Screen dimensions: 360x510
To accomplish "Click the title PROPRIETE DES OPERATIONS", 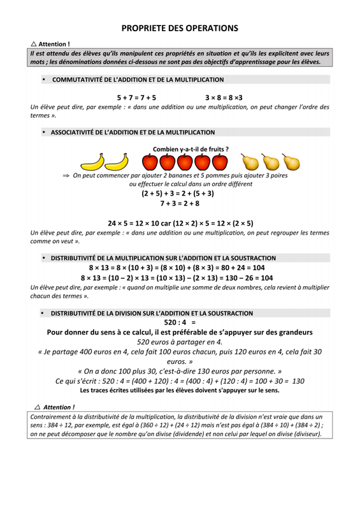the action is (180, 28).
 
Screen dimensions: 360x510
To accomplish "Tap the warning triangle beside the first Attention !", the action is (34, 44).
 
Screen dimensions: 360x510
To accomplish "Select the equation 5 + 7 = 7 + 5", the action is (136, 98).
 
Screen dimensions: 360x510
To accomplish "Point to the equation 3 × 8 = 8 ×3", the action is (224, 98).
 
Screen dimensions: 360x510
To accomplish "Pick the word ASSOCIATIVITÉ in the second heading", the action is (76, 132).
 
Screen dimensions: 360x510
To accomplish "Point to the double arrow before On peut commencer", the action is (65, 175).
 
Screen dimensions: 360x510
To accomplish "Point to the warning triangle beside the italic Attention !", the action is (37, 406).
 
